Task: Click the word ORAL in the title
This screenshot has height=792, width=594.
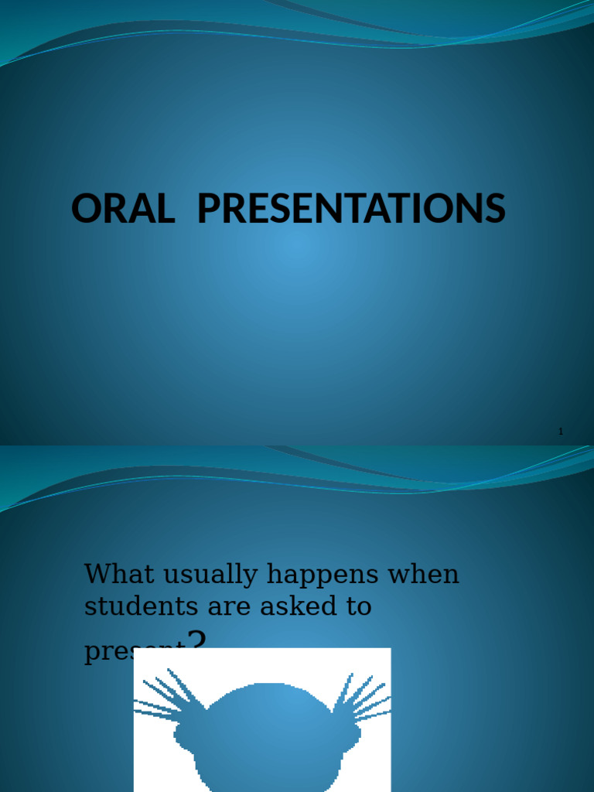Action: pyautogui.click(x=122, y=209)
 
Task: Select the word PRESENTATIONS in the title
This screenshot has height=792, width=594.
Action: pyautogui.click(x=351, y=209)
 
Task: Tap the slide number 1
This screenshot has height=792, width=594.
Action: pyautogui.click(x=561, y=431)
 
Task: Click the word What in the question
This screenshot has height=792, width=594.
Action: pyautogui.click(x=114, y=574)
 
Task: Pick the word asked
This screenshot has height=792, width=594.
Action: pyautogui.click(x=294, y=606)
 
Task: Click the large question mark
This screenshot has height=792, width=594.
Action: pyautogui.click(x=198, y=641)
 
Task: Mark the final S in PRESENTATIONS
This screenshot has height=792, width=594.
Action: pyautogui.click(x=494, y=209)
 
